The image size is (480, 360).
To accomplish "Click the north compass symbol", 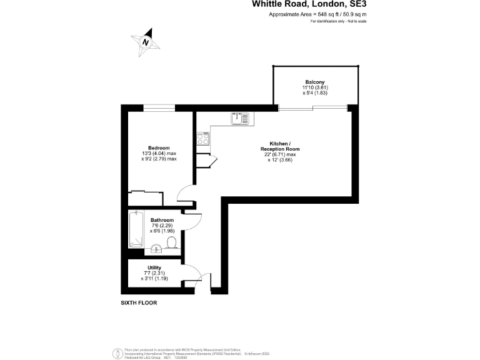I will pyautogui.click(x=146, y=42).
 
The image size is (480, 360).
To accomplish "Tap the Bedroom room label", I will pyautogui.click(x=159, y=147).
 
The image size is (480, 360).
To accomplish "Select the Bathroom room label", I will pyautogui.click(x=161, y=220).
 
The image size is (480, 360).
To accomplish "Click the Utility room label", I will pyautogui.click(x=154, y=267).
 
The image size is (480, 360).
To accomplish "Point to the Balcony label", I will pyautogui.click(x=314, y=82).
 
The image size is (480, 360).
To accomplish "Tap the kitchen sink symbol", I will pyautogui.click(x=239, y=117).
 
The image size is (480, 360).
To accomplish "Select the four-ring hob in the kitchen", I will pyautogui.click(x=203, y=139).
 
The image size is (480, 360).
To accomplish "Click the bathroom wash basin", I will pyautogui.click(x=157, y=249).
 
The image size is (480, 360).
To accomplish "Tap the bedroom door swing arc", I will pyautogui.click(x=185, y=195).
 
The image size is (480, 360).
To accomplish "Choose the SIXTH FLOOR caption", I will pyautogui.click(x=139, y=302).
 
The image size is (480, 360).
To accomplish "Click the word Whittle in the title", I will pyautogui.click(x=270, y=4).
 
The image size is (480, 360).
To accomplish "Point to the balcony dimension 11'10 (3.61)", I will pyautogui.click(x=314, y=87).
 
